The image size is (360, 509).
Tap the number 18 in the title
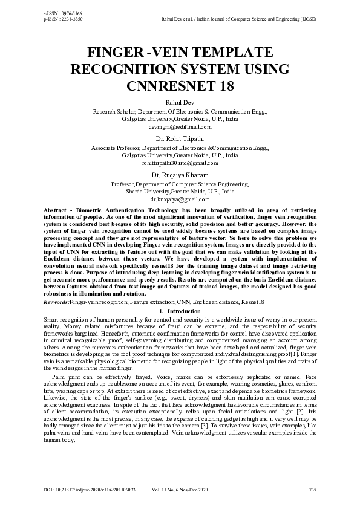(224, 85)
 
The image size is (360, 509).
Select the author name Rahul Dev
(180, 103)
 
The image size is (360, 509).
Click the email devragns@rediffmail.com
(180, 127)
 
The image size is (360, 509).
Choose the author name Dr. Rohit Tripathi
(180, 138)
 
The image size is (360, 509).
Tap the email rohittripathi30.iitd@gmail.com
(180, 163)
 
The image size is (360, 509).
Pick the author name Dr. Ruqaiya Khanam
(180, 175)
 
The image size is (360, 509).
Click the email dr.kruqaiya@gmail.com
(180, 198)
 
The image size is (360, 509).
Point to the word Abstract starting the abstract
(56, 209)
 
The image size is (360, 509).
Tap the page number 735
(312, 489)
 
